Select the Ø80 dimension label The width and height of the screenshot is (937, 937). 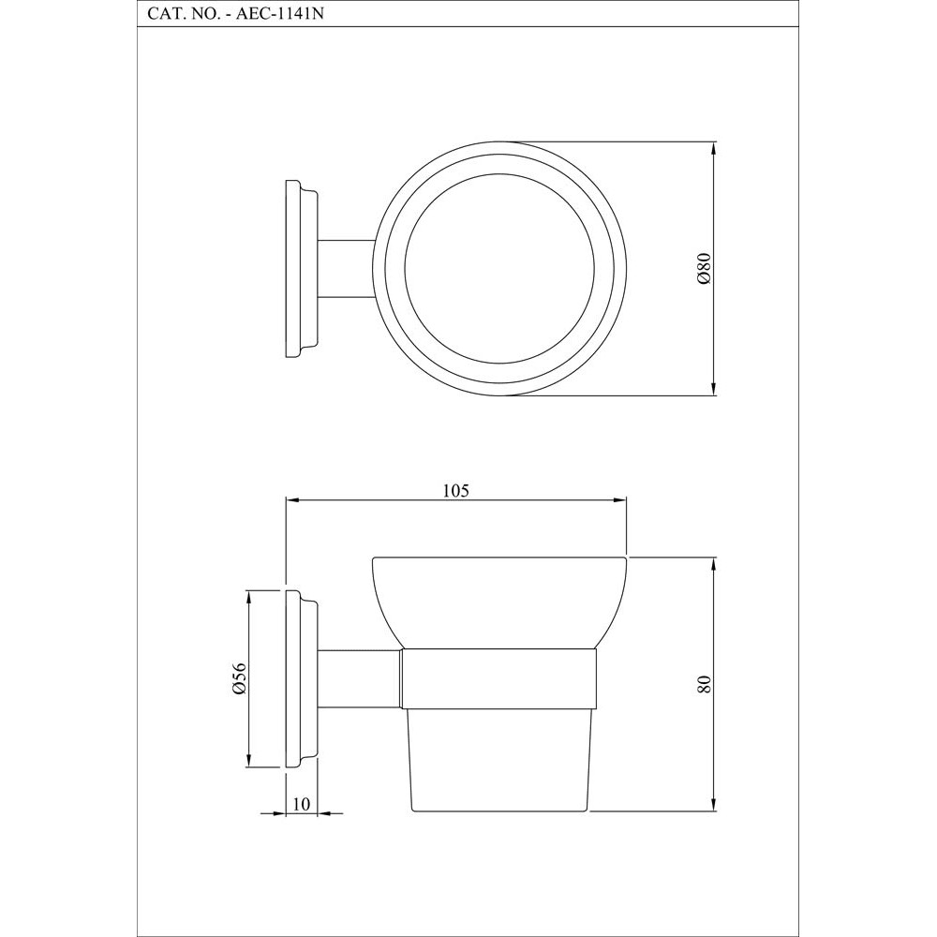pos(706,268)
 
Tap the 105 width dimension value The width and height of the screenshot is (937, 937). pos(455,489)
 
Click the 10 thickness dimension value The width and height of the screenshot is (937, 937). pos(301,804)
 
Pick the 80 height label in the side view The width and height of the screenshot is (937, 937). pos(706,684)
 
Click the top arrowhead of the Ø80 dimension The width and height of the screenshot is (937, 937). pos(714,149)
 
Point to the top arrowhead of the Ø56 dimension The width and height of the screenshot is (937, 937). pos(249,597)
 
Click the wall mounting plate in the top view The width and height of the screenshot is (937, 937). pos(298,268)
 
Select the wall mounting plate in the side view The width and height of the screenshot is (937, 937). pos(298,679)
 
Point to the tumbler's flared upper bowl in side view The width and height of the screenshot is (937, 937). pos(500,600)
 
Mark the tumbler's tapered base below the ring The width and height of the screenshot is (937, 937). pos(500,759)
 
